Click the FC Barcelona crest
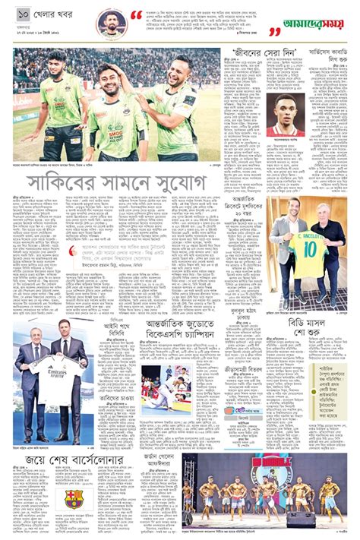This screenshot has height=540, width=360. pyautogui.click(x=73, y=497)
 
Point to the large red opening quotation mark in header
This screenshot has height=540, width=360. pyautogui.click(x=136, y=16)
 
